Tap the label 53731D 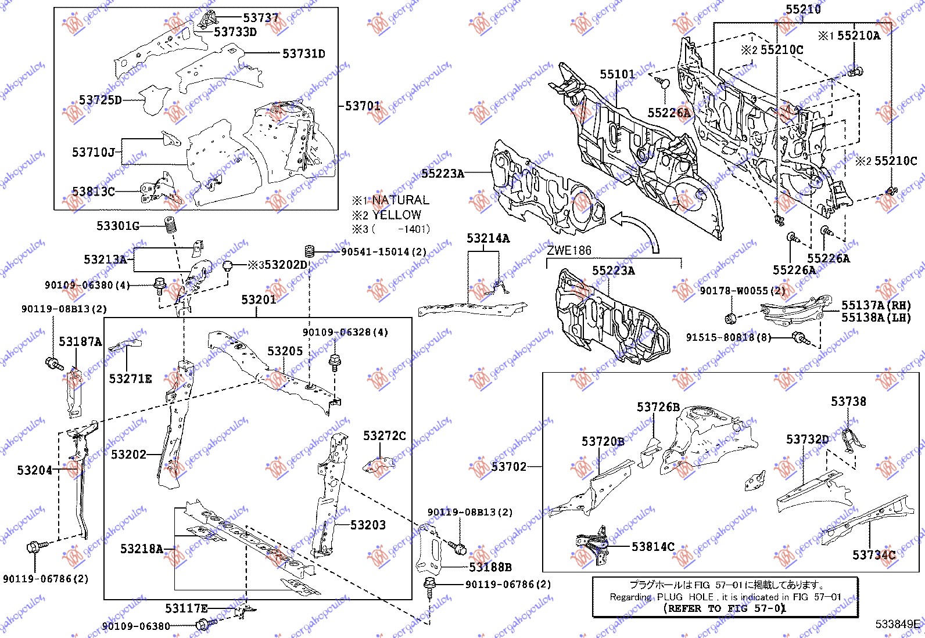click(x=304, y=54)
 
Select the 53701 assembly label click(x=363, y=106)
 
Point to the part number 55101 click(x=618, y=74)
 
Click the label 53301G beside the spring click(x=118, y=226)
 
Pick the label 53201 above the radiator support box click(x=259, y=300)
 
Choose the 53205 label click(x=285, y=351)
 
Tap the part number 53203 click(x=368, y=525)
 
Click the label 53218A click(x=142, y=549)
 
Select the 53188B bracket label click(x=490, y=567)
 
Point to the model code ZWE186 click(x=569, y=251)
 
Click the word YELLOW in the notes click(x=396, y=215)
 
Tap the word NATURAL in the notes click(x=400, y=200)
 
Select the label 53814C click(x=653, y=547)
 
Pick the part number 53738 click(x=848, y=402)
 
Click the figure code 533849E click(x=898, y=625)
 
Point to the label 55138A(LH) click(x=876, y=318)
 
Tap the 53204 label click(x=34, y=470)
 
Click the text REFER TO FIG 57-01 click(x=725, y=608)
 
